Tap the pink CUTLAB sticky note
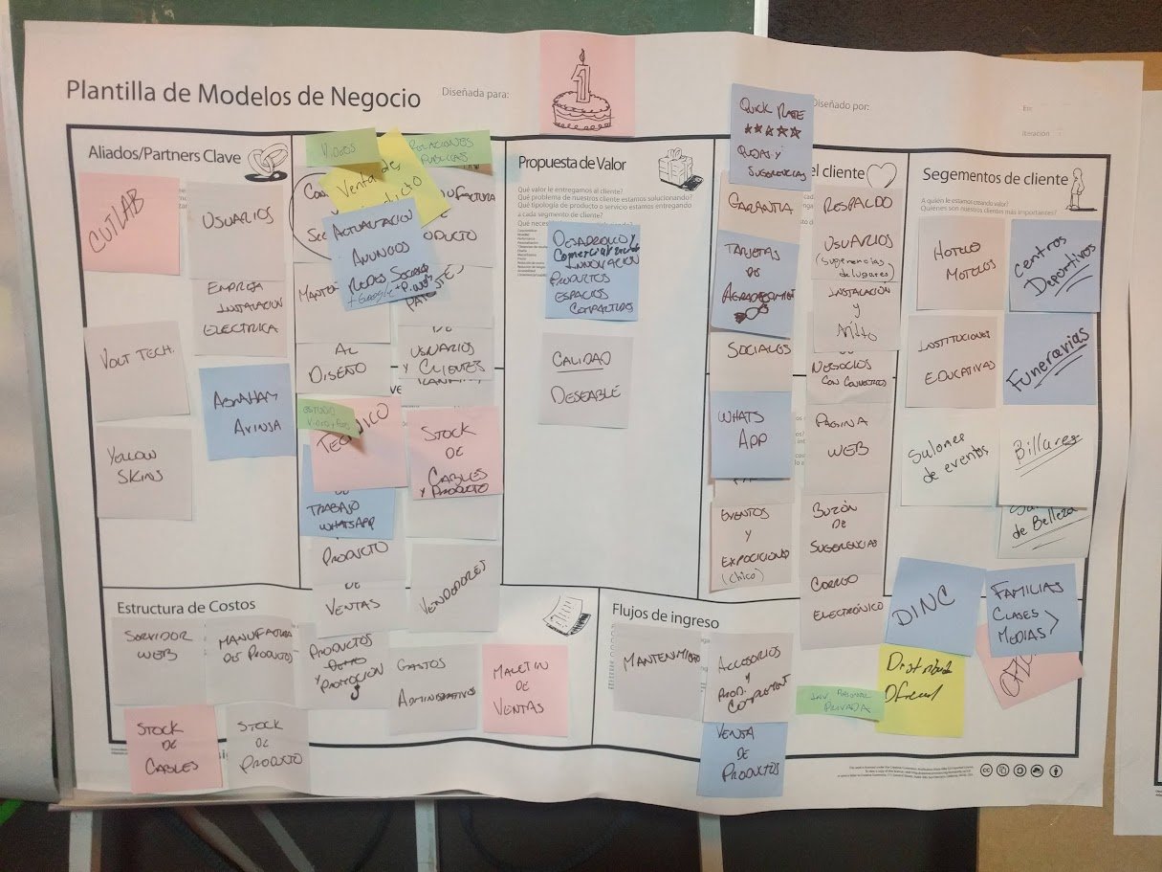pos(128,223)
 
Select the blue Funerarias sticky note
pos(1049,358)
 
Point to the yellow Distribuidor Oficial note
pos(919,690)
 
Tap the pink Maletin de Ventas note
pos(524,689)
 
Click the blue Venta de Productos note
pos(741,758)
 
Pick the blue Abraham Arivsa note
pos(247,411)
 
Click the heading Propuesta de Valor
pos(572,163)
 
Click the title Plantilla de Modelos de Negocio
pos(243,95)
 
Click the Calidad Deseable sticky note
pos(584,379)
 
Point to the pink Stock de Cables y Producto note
pos(455,452)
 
